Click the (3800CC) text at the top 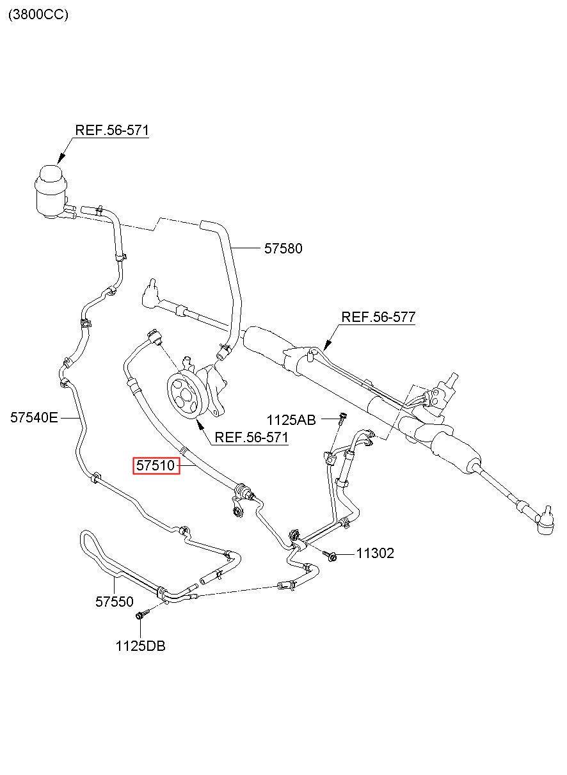pos(38,15)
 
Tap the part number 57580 pos(283,248)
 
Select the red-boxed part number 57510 pos(156,465)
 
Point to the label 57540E pos(34,418)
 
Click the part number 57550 pos(114,602)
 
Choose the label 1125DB pos(140,646)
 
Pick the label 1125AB pos(291,420)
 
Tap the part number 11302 pos(375,553)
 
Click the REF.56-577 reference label pos(378,317)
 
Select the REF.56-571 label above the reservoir pos(112,131)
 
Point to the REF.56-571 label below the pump pos(252,437)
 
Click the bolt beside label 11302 pos(331,555)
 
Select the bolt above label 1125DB pos(142,614)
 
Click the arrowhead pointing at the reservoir pos(61,159)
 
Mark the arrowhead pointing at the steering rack pos(327,344)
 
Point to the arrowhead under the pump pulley pos(199,423)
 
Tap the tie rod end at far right pos(543,526)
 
